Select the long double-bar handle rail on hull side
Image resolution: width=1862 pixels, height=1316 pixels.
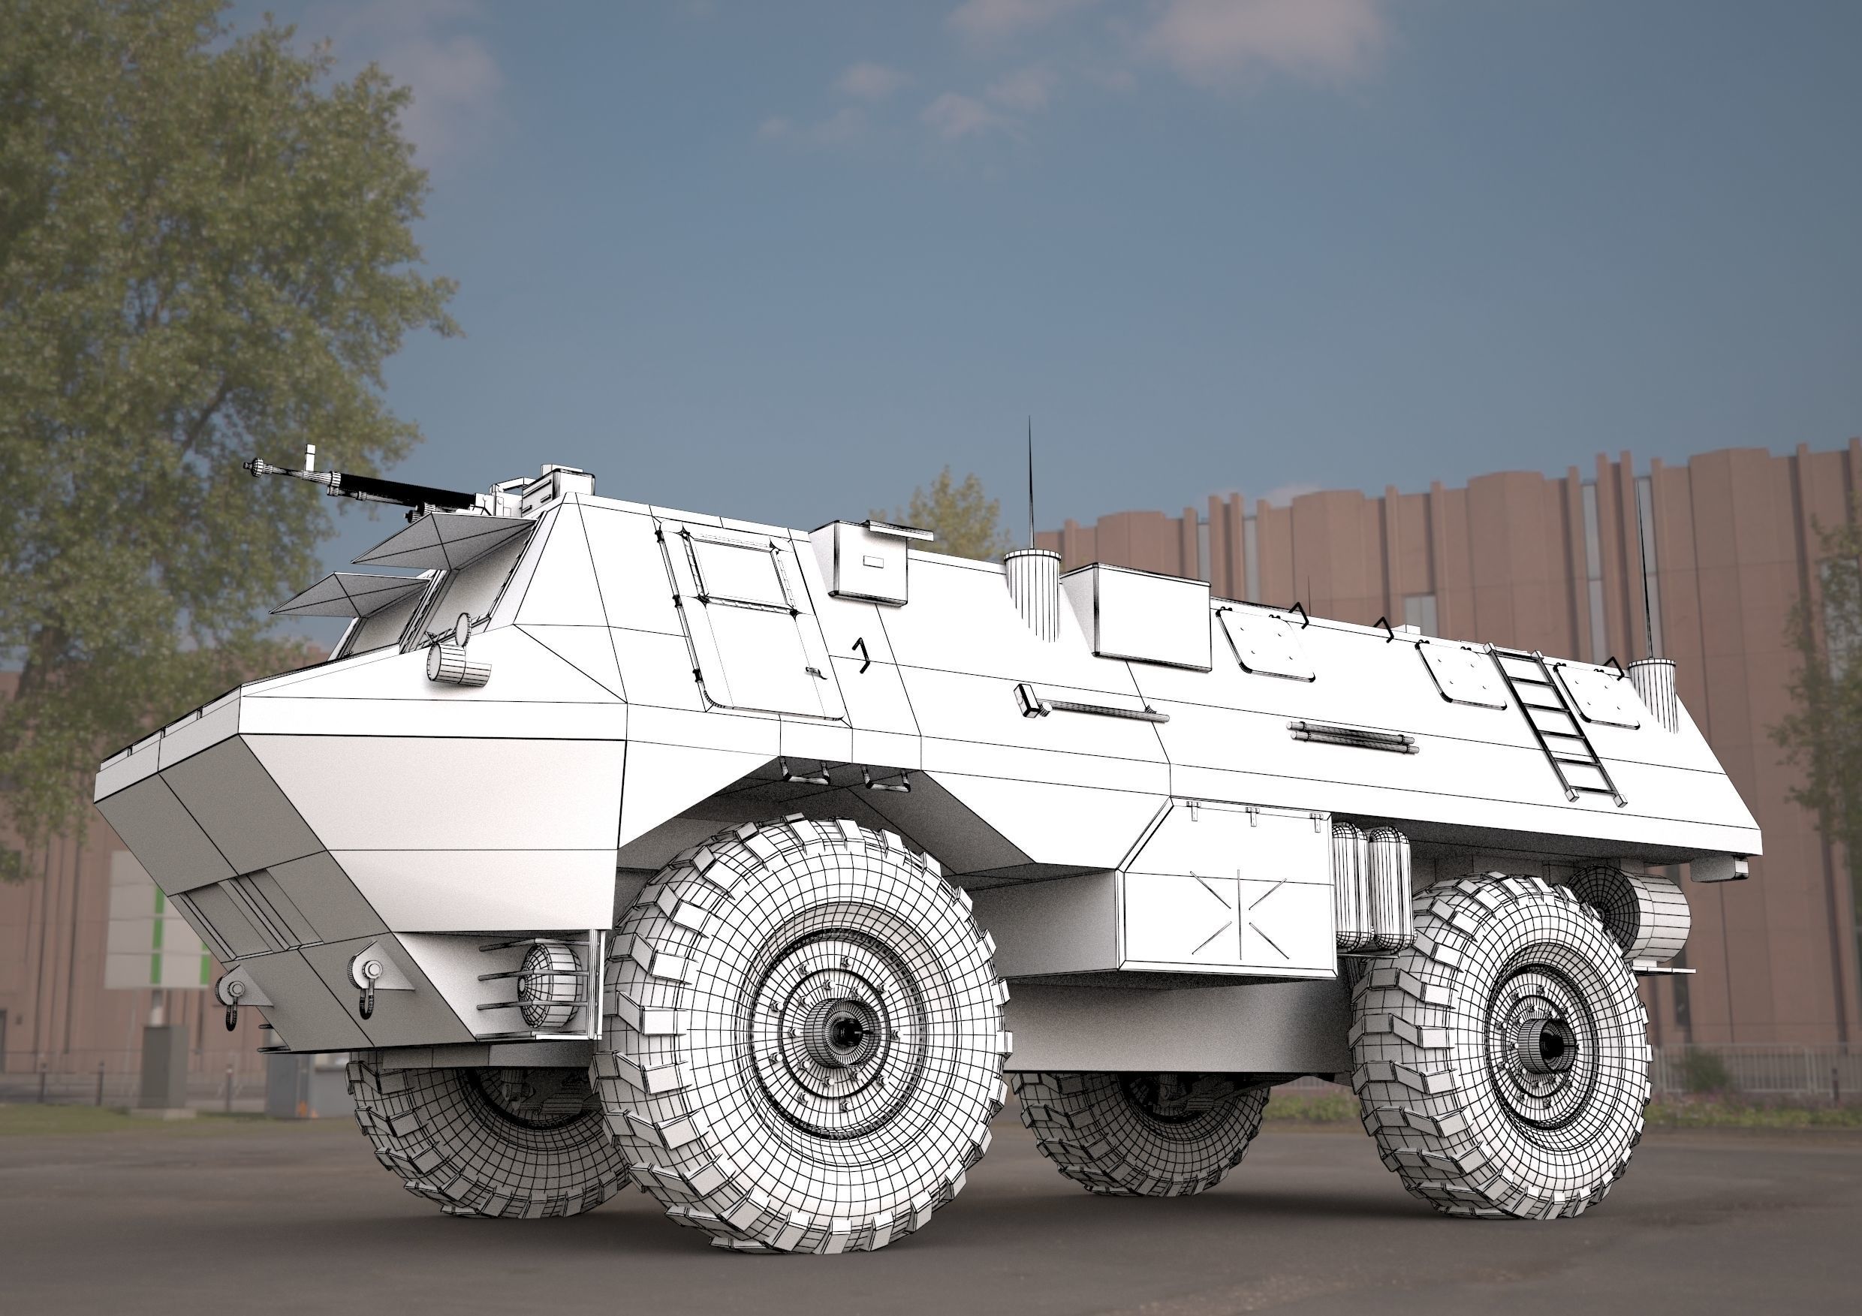(1352, 735)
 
